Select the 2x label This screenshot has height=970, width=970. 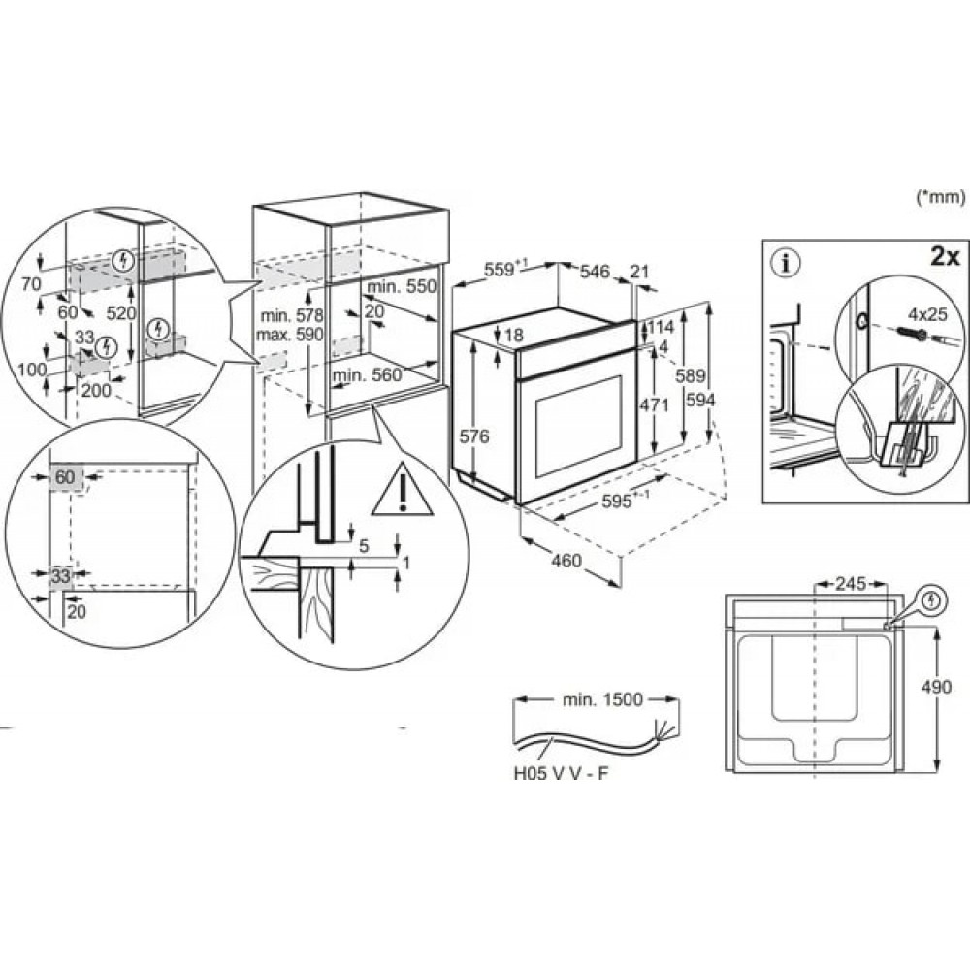(944, 257)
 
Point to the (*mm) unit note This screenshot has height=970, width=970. (940, 197)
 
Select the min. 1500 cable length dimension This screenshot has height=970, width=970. (601, 700)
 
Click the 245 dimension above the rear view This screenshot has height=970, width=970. (850, 585)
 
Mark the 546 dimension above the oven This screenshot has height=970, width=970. (595, 273)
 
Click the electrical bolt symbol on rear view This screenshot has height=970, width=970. (931, 600)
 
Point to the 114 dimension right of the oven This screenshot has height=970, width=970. (660, 327)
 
